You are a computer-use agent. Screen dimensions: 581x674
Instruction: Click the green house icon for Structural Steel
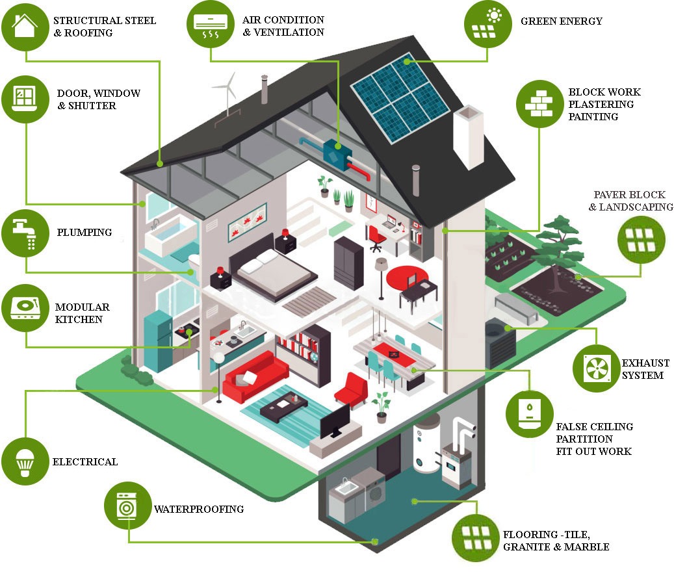coord(25,27)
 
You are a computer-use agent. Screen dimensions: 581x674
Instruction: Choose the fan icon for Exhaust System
coord(596,368)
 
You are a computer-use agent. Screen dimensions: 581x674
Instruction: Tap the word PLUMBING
coord(84,233)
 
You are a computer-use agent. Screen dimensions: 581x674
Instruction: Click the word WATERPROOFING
coord(199,509)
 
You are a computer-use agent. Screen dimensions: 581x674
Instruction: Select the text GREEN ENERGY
coord(562,21)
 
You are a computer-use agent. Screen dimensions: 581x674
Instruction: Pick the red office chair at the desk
coord(376,239)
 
